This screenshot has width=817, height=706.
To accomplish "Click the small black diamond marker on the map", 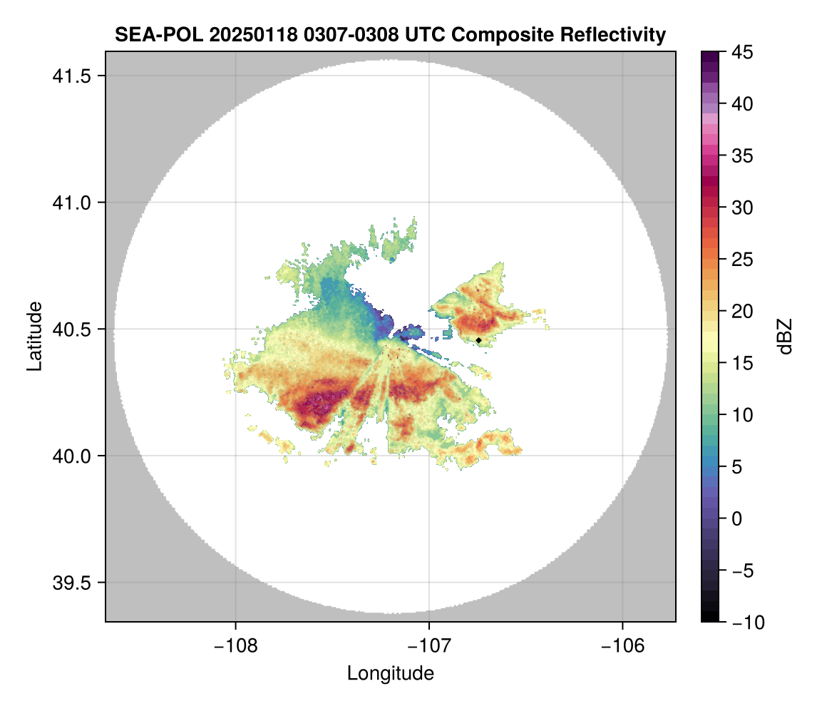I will click(478, 339).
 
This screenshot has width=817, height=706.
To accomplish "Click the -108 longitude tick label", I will click(235, 646).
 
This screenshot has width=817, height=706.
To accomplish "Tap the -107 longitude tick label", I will click(429, 646).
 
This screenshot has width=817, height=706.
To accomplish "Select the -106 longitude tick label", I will click(623, 646).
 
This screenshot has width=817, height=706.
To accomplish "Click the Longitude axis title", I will click(391, 673).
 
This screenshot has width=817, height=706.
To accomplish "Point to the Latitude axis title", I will click(34, 336).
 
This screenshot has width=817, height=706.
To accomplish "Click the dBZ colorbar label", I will click(785, 337).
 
